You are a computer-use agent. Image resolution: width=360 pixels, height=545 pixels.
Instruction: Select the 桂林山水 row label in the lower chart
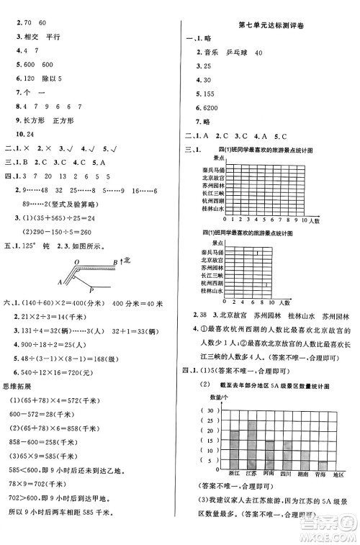coord(215,291)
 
